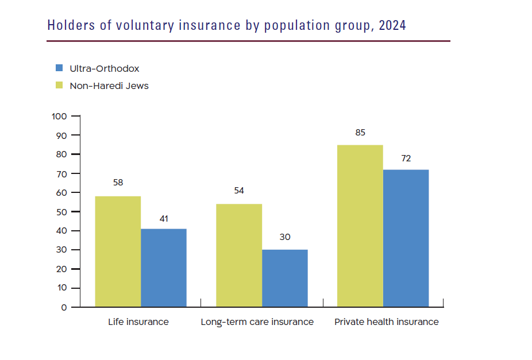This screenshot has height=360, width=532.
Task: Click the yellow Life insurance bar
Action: pyautogui.click(x=118, y=251)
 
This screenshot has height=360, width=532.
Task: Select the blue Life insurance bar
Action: pyautogui.click(x=164, y=268)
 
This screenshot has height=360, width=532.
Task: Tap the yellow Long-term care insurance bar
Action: pyautogui.click(x=239, y=255)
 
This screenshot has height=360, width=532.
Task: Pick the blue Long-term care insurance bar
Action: pyautogui.click(x=285, y=278)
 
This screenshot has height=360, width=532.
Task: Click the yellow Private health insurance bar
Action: pyautogui.click(x=360, y=226)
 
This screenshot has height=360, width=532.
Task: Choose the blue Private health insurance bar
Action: pyautogui.click(x=406, y=238)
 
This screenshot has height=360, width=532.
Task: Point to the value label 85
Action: pyautogui.click(x=360, y=133)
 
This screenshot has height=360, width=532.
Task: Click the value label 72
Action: pyautogui.click(x=406, y=158)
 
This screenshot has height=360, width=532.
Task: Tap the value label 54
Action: pyautogui.click(x=239, y=191)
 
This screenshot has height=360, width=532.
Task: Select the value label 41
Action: pyautogui.click(x=164, y=218)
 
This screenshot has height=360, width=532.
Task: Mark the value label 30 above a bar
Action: pyautogui.click(x=285, y=237)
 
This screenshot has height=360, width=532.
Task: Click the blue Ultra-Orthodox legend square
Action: pyautogui.click(x=59, y=68)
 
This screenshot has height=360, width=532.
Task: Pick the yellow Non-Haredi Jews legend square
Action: pyautogui.click(x=59, y=86)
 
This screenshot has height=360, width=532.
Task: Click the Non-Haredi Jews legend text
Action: pyautogui.click(x=109, y=86)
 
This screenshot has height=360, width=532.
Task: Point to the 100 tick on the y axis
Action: pyautogui.click(x=59, y=116)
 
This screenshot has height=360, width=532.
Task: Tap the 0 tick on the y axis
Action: pyautogui.click(x=64, y=307)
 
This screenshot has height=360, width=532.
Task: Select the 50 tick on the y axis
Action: pyautogui.click(x=61, y=212)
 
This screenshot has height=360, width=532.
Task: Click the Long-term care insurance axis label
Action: pyautogui.click(x=257, y=322)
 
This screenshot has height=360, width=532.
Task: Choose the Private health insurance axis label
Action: pyautogui.click(x=386, y=322)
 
